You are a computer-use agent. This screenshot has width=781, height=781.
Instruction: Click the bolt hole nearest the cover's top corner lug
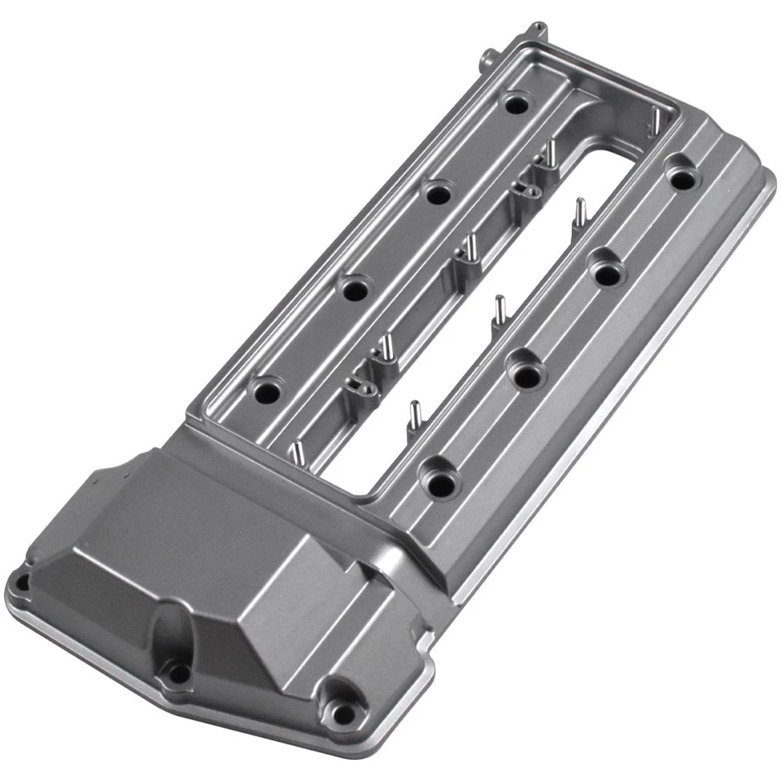tap(514, 103)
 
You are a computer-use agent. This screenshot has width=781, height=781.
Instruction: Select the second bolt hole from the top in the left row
tap(438, 194)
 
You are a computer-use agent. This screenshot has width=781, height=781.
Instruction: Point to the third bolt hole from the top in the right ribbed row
tap(526, 374)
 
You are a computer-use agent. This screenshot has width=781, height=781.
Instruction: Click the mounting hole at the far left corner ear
tap(20, 582)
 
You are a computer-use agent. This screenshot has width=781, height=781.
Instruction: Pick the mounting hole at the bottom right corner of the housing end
tap(344, 713)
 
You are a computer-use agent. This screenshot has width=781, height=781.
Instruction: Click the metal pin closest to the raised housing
tap(297, 452)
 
